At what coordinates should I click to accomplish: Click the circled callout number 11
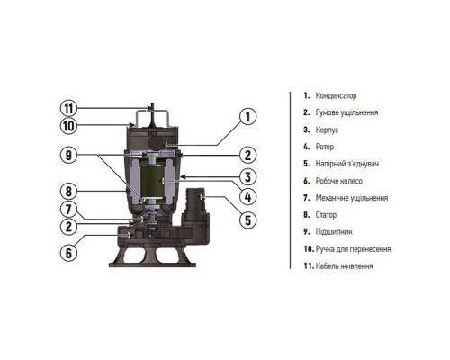(68, 109)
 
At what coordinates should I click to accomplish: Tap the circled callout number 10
(68, 126)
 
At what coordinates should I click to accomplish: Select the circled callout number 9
(68, 155)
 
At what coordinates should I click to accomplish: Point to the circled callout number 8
(68, 191)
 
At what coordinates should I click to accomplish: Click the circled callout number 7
(68, 210)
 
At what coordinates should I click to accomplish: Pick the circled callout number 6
(68, 253)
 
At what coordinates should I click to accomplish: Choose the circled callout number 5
(247, 220)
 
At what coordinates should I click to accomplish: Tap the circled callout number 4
(247, 197)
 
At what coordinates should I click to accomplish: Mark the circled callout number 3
(247, 177)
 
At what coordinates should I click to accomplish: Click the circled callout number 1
(247, 117)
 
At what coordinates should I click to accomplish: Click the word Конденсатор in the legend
(336, 96)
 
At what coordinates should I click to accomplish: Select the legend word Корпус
(327, 130)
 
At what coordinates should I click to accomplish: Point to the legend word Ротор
(325, 147)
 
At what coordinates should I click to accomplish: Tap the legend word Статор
(326, 215)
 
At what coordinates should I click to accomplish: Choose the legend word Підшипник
(334, 232)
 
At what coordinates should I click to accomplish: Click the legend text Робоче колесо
(339, 181)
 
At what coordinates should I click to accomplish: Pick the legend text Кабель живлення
(345, 265)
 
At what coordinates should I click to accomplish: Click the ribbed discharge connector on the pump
(195, 200)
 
